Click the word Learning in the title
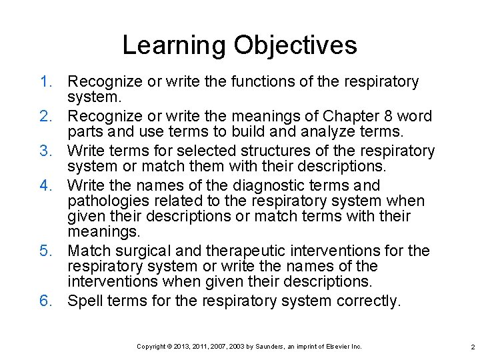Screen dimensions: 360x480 click(x=175, y=46)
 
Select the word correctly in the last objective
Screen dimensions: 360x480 click(x=368, y=301)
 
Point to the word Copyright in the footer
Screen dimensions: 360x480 click(x=151, y=347)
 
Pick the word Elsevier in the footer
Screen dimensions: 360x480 click(x=337, y=347)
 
